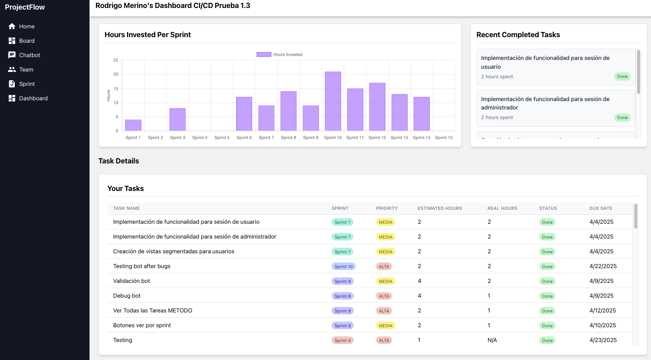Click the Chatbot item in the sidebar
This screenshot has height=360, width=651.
pyautogui.click(x=29, y=55)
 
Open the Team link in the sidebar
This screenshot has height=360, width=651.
pyautogui.click(x=26, y=70)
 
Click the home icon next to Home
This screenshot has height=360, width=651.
pyautogui.click(x=12, y=26)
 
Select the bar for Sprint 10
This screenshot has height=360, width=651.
pyautogui.click(x=333, y=101)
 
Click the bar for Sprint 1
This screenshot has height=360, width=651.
pyautogui.click(x=133, y=125)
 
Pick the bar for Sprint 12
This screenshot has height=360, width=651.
pyautogui.click(x=377, y=107)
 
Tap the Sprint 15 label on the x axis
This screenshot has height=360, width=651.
pyautogui.click(x=444, y=137)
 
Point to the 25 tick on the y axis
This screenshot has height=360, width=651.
pyautogui.click(x=116, y=60)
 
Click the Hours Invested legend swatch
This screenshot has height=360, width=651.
pyautogui.click(x=264, y=54)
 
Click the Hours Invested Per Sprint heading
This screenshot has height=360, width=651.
pyautogui.click(x=147, y=35)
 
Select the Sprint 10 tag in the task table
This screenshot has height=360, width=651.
pyautogui.click(x=343, y=267)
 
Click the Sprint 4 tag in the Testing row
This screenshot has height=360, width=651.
pyautogui.click(x=342, y=340)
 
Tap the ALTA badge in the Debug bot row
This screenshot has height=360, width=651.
pyautogui.click(x=384, y=296)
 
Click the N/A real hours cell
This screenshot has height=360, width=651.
pyautogui.click(x=492, y=340)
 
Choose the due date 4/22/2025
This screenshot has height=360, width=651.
pyautogui.click(x=603, y=266)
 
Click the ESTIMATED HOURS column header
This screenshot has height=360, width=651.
pyautogui.click(x=440, y=208)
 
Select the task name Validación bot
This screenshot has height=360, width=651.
pyautogui.click(x=131, y=281)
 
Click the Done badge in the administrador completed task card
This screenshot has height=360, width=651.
pyautogui.click(x=622, y=117)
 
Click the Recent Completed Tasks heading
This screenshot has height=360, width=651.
pyautogui.click(x=518, y=35)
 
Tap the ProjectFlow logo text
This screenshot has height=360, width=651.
pyautogui.click(x=25, y=7)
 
